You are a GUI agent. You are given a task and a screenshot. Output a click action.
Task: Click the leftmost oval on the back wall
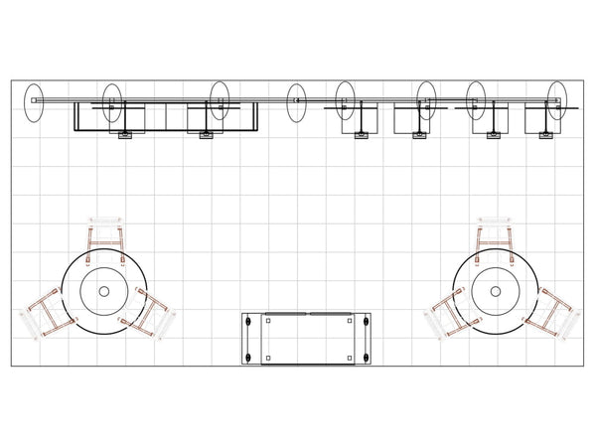pos(34,102)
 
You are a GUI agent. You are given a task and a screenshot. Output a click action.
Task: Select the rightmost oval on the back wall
pos(557,101)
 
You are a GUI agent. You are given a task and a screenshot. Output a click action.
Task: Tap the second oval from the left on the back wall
pos(112,102)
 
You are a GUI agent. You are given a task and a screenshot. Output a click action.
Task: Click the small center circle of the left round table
pos(104,291)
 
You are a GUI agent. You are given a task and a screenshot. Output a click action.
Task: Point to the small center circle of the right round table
pos(493,291)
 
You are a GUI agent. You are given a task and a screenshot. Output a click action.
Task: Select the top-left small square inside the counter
pos(268,321)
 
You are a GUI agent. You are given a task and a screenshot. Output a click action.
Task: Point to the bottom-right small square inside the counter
pos(350,357)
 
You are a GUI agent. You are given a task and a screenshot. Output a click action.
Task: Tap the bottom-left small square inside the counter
pos(268,357)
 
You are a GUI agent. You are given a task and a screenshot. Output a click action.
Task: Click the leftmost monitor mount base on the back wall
pos(125,134)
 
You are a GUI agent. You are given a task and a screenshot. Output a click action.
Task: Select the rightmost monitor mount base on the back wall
pos(545,134)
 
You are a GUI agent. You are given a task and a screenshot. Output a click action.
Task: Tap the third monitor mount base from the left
pos(362,134)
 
